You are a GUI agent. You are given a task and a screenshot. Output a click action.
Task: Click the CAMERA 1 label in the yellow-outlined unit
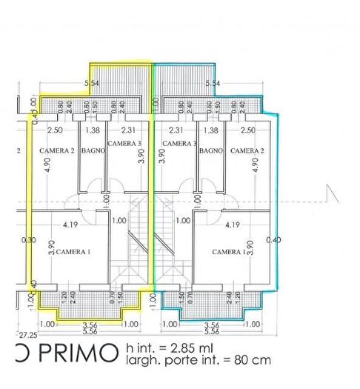click(x=73, y=252)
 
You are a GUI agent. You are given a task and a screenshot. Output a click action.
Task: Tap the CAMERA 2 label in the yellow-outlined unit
click(x=57, y=150)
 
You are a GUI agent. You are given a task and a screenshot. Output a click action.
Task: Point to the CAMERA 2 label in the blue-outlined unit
click(x=247, y=150)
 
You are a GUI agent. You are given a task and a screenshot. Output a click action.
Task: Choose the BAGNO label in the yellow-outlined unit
click(x=93, y=150)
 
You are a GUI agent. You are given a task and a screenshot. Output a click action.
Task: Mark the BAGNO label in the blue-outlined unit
click(x=211, y=150)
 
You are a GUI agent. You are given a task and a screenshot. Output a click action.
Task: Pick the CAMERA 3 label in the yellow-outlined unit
click(x=124, y=143)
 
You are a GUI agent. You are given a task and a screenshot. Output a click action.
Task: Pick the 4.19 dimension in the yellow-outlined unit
click(x=71, y=225)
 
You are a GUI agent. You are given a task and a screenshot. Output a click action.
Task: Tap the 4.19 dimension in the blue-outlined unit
click(x=232, y=225)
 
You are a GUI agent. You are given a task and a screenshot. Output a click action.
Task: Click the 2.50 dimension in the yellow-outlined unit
click(x=54, y=130)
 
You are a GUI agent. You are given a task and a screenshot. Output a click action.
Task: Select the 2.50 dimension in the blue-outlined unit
click(x=248, y=130)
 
